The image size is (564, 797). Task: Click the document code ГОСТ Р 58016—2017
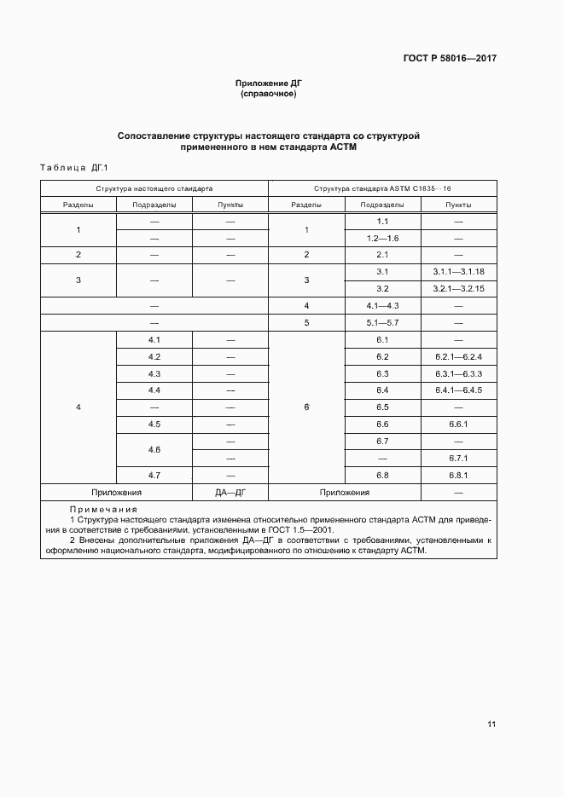(450, 59)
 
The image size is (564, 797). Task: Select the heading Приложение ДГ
(270, 84)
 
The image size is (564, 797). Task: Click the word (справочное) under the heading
(269, 94)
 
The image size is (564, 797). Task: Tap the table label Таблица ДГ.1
(75, 168)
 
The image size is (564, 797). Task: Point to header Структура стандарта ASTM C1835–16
(382, 188)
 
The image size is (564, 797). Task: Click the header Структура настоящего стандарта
(154, 188)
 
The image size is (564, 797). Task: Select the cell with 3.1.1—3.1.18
(458, 271)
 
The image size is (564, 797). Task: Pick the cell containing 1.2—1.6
(382, 238)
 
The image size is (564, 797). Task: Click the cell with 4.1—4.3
(382, 305)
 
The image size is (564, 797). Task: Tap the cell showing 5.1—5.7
(382, 323)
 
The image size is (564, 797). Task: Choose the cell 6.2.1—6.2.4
(458, 356)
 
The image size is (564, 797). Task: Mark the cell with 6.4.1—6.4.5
(458, 390)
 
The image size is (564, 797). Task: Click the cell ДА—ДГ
(230, 493)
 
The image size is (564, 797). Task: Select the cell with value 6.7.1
(458, 458)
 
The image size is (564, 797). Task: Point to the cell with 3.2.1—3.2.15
(458, 288)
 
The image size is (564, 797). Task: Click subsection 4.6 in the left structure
(154, 449)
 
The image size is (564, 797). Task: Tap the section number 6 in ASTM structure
(306, 407)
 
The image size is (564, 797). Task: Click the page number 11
(491, 725)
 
